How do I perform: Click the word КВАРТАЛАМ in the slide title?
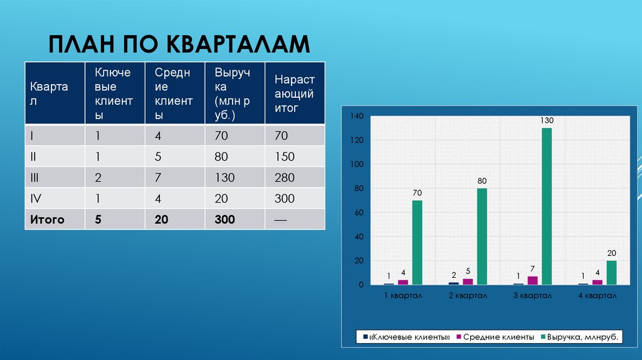(x=238, y=45)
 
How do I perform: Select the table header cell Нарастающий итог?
(x=294, y=93)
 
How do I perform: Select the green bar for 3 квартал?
(x=547, y=206)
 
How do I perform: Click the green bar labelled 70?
(x=418, y=243)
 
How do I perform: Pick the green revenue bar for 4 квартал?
(x=611, y=273)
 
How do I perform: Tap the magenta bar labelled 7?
(x=532, y=280)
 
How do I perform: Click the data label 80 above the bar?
(x=481, y=181)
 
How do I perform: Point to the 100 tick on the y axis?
(x=357, y=164)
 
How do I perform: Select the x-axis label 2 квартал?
(x=468, y=295)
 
